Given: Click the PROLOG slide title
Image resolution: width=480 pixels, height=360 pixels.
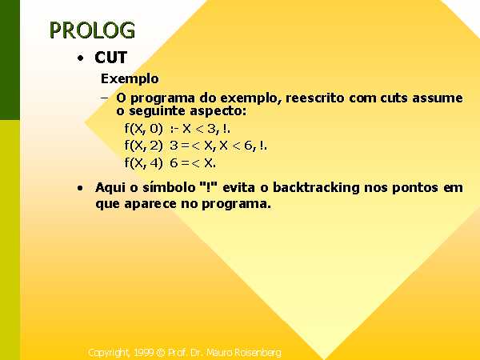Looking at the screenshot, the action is point(92,30).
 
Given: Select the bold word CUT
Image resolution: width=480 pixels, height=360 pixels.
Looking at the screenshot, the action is point(111,58).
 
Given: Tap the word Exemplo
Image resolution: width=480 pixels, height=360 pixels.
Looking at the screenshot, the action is point(130,79).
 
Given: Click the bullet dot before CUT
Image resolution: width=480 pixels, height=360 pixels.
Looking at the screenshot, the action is point(81,58).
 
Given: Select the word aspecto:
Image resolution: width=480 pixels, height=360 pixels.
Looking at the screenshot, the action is point(218,111).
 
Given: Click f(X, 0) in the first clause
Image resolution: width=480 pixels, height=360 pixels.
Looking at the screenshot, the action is point(143,128).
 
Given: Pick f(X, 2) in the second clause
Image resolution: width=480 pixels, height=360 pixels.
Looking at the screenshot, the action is point(143,145).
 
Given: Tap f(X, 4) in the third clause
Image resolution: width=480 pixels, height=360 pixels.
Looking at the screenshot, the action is point(143,162).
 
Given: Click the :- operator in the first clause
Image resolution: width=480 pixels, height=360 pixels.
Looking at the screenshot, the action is point(174,129).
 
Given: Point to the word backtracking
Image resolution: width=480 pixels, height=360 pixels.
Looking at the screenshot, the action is point(316,187).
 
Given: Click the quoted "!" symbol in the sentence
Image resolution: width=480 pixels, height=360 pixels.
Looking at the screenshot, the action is point(209,186).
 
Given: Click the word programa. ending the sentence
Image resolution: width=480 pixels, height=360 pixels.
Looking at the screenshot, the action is point(236,204).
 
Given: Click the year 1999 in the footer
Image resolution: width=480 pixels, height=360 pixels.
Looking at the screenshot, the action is point(144,352).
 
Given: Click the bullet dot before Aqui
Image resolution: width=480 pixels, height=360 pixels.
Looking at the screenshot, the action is point(80,188).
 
